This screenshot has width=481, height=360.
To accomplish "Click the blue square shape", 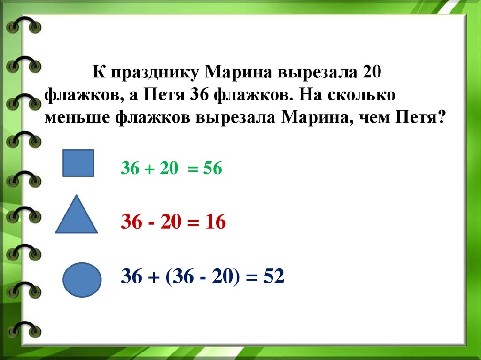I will click(78, 163).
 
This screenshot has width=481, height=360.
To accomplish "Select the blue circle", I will click(82, 280).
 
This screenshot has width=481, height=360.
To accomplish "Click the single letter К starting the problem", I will click(97, 73).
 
